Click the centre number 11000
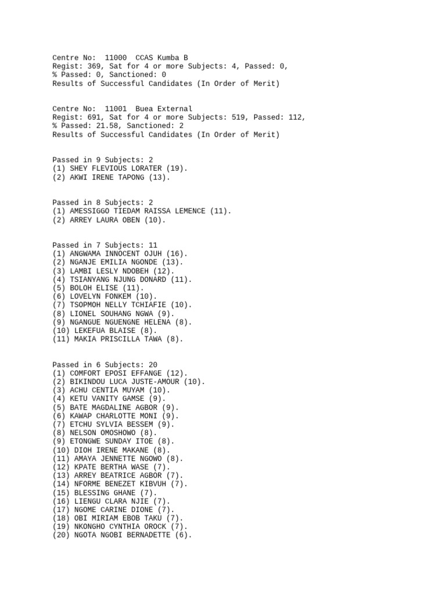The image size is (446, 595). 116,58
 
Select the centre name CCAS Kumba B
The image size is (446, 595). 161,58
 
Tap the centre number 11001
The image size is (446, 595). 116,109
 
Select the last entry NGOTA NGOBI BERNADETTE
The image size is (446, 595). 124,535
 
